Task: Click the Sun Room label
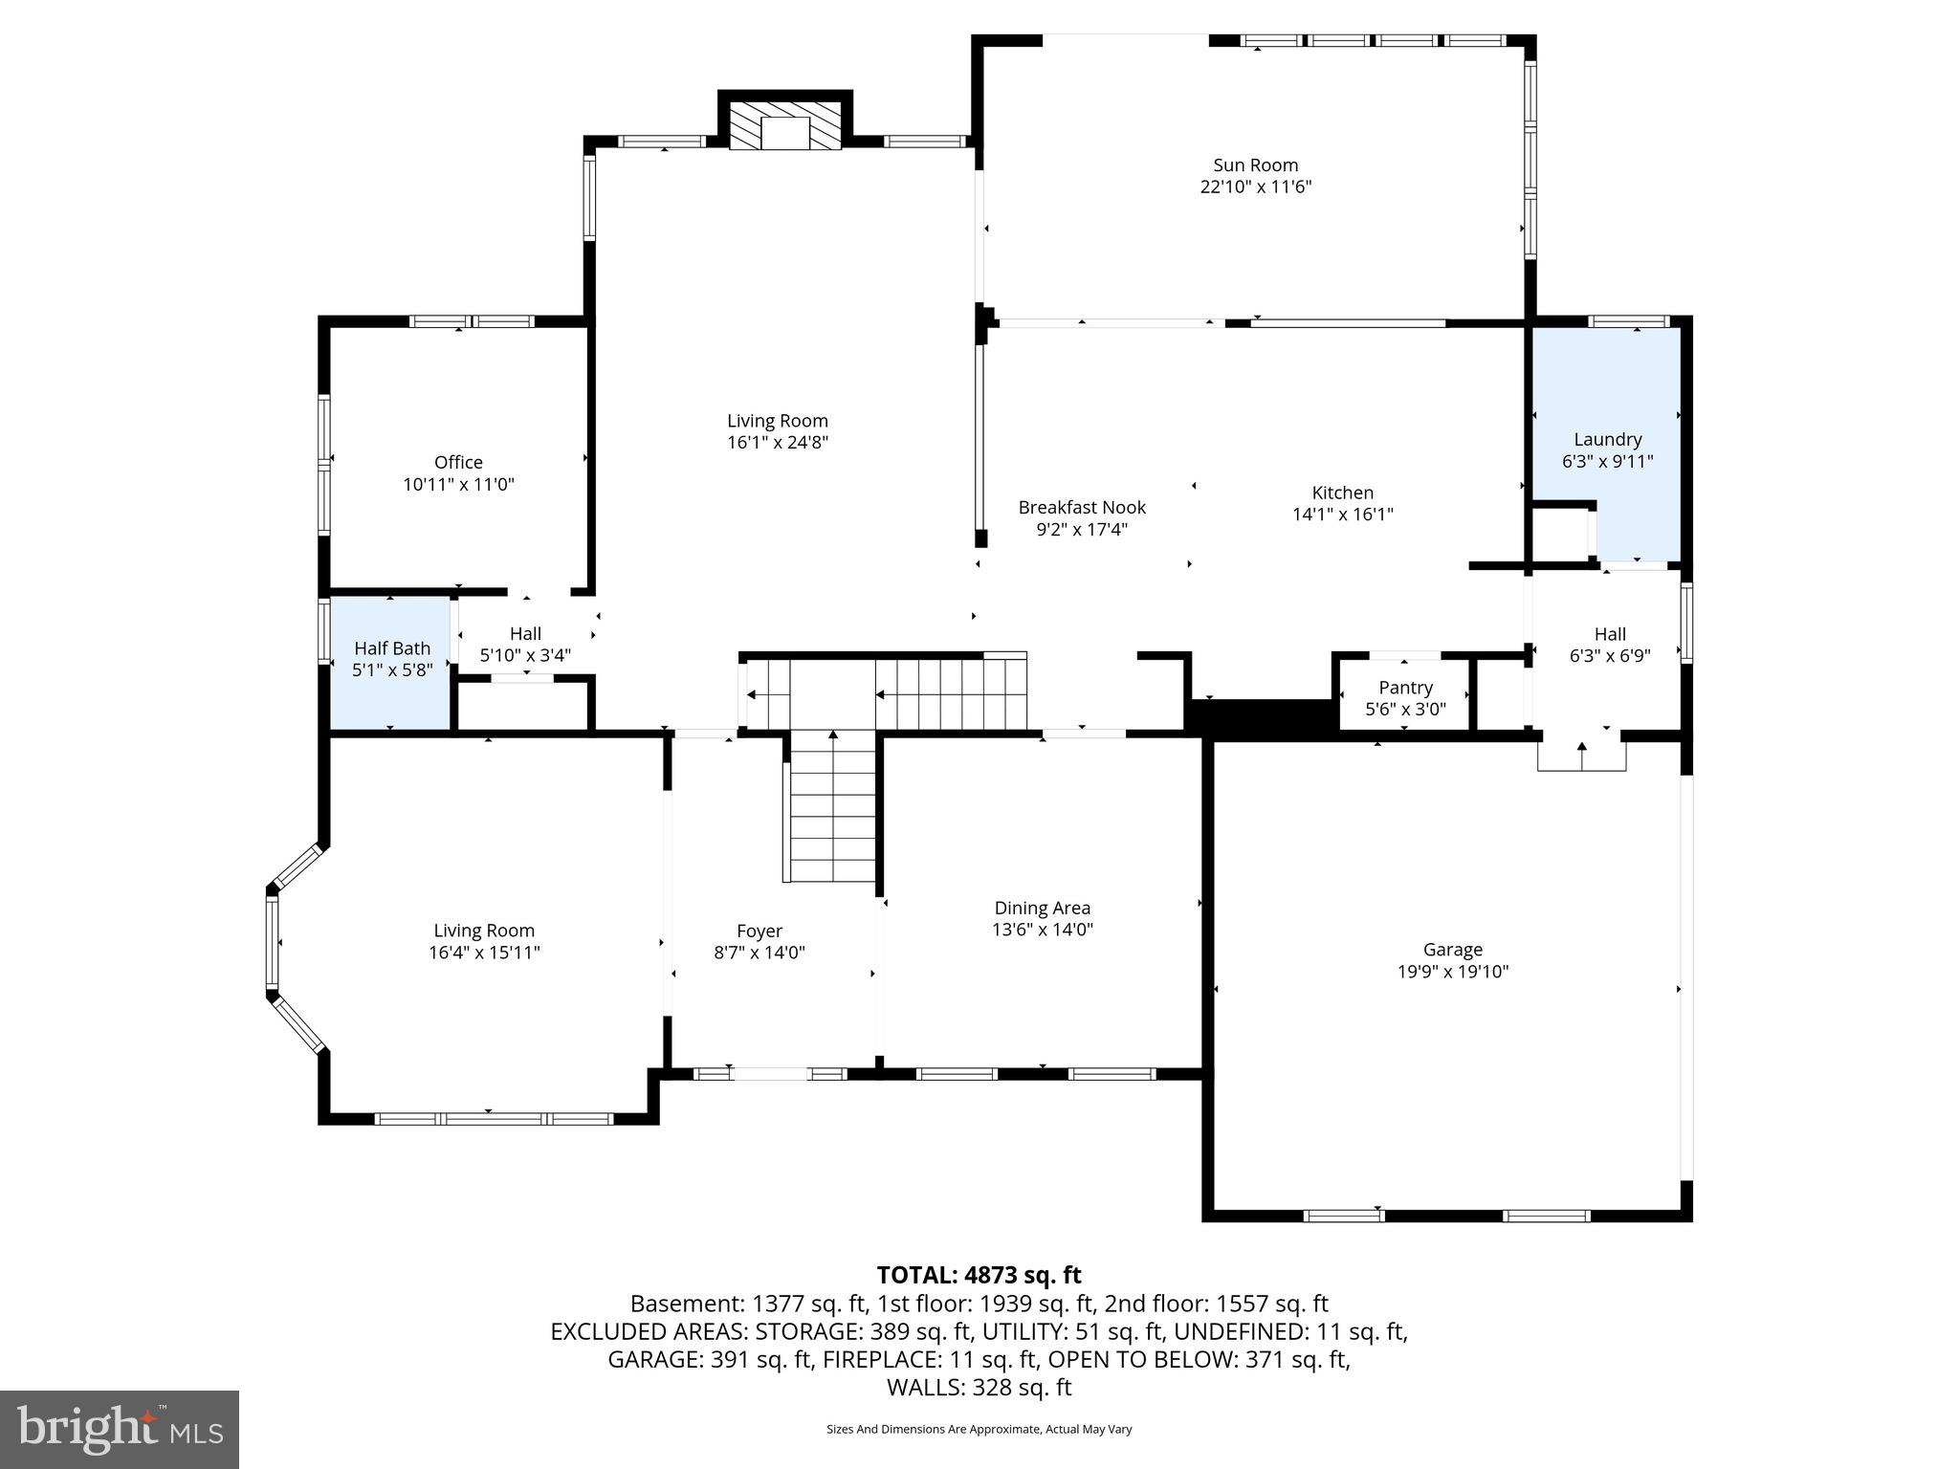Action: click(x=1255, y=165)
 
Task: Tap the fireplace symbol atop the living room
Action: click(x=785, y=126)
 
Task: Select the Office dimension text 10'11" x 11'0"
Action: click(x=458, y=484)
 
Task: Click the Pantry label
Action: click(x=1405, y=688)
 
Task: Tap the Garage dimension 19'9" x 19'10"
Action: click(x=1452, y=972)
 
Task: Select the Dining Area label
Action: click(x=1042, y=908)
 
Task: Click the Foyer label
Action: click(x=759, y=931)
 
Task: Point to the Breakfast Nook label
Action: click(x=1082, y=508)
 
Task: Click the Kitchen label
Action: click(x=1342, y=493)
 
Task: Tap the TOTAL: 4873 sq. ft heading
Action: click(x=979, y=1275)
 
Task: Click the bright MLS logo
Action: click(x=120, y=1429)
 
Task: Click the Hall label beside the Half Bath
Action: click(x=525, y=633)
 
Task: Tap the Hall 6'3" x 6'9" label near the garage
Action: click(x=1610, y=645)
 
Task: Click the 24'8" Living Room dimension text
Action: click(x=777, y=442)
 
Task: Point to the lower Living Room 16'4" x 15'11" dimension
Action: click(x=484, y=953)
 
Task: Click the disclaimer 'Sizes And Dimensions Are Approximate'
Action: click(x=979, y=1429)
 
